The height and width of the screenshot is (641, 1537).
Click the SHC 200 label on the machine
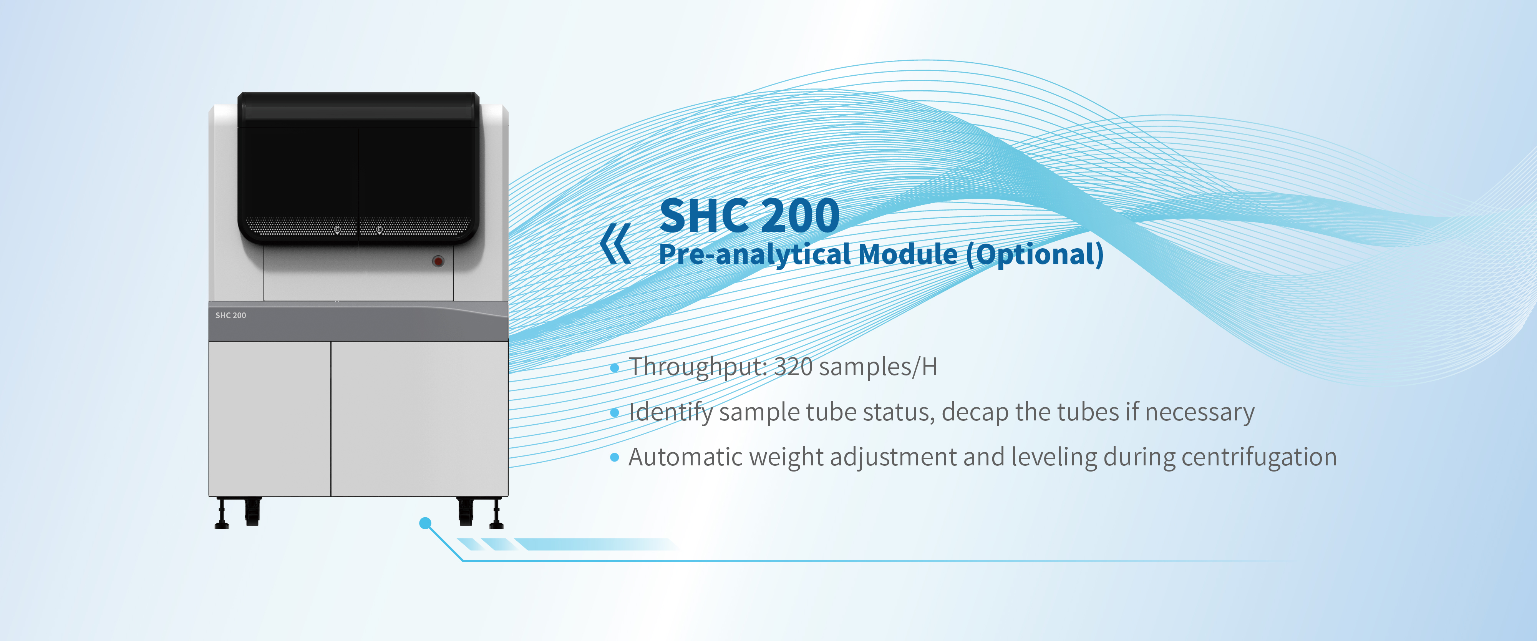pyautogui.click(x=230, y=315)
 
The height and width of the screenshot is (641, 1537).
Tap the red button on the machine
pyautogui.click(x=438, y=261)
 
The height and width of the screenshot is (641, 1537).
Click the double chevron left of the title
pyautogui.click(x=615, y=244)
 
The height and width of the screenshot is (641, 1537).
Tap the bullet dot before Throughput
pyautogui.click(x=615, y=368)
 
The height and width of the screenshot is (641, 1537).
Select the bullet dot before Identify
pyautogui.click(x=615, y=412)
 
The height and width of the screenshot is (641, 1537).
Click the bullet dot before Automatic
pyautogui.click(x=615, y=458)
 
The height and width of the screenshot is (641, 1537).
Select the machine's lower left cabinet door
pyautogui.click(x=270, y=418)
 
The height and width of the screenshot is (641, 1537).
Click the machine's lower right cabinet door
pyautogui.click(x=419, y=418)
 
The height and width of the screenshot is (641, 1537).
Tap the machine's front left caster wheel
pyautogui.click(x=252, y=512)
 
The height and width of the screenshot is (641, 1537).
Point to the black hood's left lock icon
pyautogui.click(x=337, y=229)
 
